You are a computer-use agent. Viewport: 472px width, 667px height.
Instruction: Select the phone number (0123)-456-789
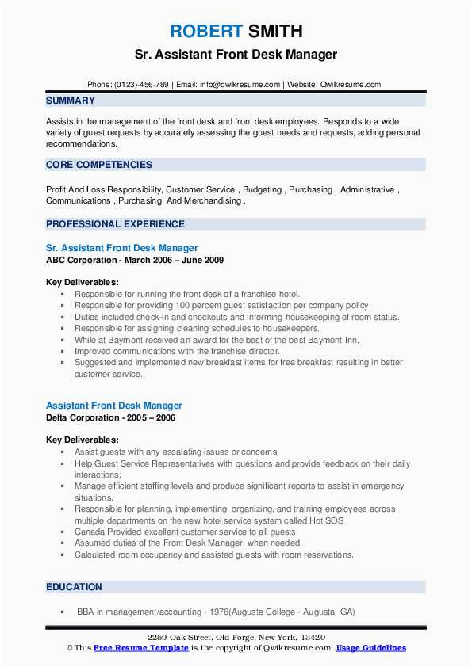pos(141,85)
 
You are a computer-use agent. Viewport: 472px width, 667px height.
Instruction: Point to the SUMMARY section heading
pos(71,101)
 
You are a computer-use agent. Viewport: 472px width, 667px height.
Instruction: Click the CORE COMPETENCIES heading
pos(99,165)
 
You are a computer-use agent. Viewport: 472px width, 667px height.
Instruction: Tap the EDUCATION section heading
pos(74,587)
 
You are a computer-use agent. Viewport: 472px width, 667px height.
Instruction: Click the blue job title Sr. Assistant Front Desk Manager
pos(122,248)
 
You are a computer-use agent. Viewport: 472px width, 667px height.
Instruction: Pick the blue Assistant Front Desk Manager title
pos(114,406)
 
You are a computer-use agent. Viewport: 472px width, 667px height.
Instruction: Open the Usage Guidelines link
pos(370,648)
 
